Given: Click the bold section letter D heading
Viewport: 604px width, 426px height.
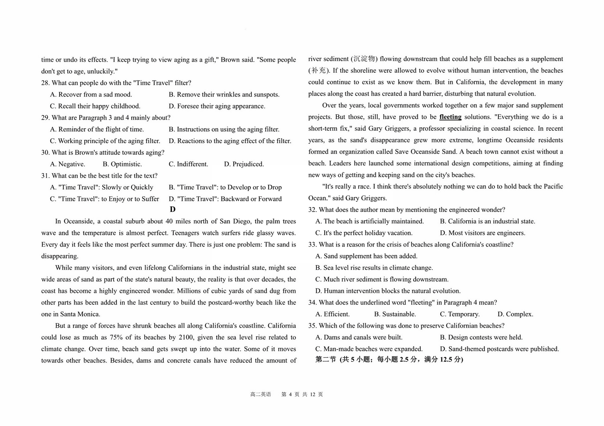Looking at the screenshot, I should pyautogui.click(x=172, y=209).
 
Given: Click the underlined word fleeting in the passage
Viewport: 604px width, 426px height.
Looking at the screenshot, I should pyautogui.click(x=450, y=117).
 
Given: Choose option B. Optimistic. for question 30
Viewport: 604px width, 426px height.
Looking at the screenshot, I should pyautogui.click(x=122, y=164).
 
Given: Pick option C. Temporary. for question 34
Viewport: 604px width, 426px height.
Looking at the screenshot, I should pyautogui.click(x=460, y=314).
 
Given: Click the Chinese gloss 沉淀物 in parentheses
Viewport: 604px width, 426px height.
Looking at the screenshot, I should pyautogui.click(x=364, y=59).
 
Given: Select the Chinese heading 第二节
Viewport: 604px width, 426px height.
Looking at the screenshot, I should pyautogui.click(x=326, y=360).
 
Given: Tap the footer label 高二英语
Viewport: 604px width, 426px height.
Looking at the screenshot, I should pyautogui.click(x=260, y=394).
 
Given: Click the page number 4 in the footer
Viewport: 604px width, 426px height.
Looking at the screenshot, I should pyautogui.click(x=290, y=394).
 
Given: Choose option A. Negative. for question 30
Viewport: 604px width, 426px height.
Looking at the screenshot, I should pyautogui.click(x=67, y=164).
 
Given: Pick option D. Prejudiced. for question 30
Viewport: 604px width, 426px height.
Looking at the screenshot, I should pyautogui.click(x=244, y=164).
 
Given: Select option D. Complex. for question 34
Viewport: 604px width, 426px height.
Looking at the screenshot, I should pyautogui.click(x=515, y=314).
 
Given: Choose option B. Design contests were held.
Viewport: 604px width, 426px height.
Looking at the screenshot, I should pyautogui.click(x=481, y=338).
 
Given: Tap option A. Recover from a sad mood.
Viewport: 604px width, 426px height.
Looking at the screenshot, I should pyautogui.click(x=91, y=95).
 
